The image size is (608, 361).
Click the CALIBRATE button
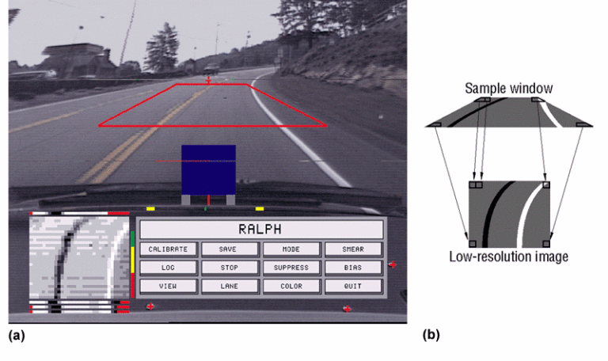tap(168, 249)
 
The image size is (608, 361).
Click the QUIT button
tap(353, 286)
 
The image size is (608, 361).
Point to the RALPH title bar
tap(260, 230)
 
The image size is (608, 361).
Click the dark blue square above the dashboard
tap(208, 169)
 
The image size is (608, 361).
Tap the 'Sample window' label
tap(508, 88)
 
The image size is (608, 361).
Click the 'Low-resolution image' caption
tap(508, 256)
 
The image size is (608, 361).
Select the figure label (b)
tap(431, 335)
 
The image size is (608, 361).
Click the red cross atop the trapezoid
tap(208, 80)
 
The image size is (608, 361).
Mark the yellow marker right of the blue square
tap(259, 208)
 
